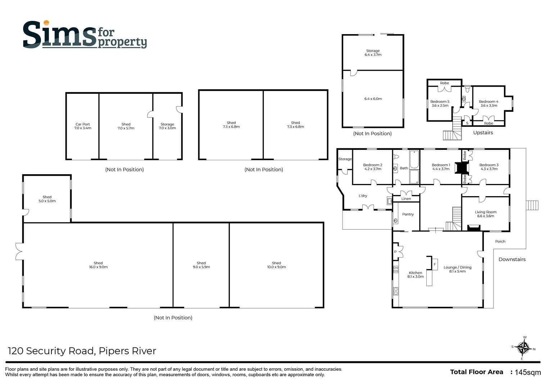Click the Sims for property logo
[x=85, y=35]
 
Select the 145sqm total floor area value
[x=528, y=372]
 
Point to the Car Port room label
[x=82, y=126]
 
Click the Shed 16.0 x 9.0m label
[x=98, y=265]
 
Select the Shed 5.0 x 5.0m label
[x=47, y=199]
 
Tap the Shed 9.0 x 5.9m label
[x=201, y=265]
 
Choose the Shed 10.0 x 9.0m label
[x=276, y=265]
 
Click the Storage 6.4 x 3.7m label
[x=373, y=53]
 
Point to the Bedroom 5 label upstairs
[x=440, y=103]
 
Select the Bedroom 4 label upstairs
[x=489, y=103]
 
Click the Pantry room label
[x=408, y=214]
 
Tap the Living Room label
[x=485, y=214]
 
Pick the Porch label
[x=500, y=241]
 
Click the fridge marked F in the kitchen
[x=435, y=264]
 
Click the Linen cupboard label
[x=406, y=199]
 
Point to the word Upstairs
[x=483, y=133]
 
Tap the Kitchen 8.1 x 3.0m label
[x=415, y=275]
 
